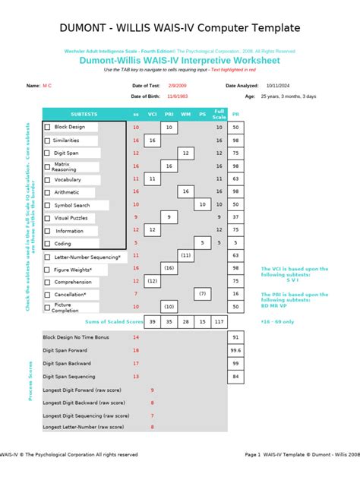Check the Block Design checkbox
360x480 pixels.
click(x=48, y=128)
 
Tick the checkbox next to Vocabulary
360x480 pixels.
click(x=48, y=179)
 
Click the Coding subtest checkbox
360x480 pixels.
click(x=48, y=244)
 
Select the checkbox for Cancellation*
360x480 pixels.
click(x=48, y=294)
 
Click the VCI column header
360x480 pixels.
click(x=152, y=115)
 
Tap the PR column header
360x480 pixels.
click(x=235, y=115)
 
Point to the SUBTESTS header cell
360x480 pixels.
click(x=84, y=115)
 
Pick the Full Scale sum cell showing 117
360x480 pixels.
click(x=219, y=321)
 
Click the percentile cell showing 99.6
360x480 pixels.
click(x=235, y=350)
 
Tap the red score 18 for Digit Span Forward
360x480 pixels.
click(x=136, y=350)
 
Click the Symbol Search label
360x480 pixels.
click(x=72, y=205)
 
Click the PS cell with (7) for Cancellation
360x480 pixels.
click(x=202, y=293)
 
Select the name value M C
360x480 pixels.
click(x=48, y=86)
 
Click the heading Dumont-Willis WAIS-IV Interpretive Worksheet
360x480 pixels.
click(x=180, y=60)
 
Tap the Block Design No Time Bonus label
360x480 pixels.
click(x=76, y=337)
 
